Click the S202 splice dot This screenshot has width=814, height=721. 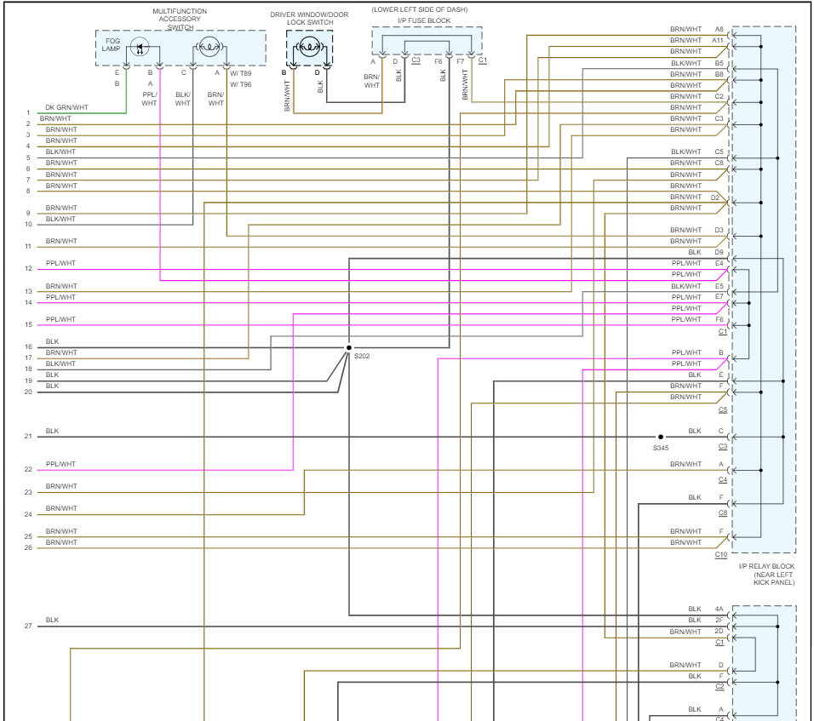pos(348,347)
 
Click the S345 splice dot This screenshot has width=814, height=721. pos(660,437)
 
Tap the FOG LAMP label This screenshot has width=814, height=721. pos(112,45)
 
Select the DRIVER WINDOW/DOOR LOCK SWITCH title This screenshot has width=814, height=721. pos(309,19)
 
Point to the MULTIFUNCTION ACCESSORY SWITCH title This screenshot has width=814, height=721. pos(181,19)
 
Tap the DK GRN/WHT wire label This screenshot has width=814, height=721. pos(67,106)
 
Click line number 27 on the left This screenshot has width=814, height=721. pos(28,626)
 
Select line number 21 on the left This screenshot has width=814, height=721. pos(28,437)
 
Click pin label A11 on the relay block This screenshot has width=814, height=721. pos(718,40)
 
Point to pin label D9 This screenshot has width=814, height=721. pos(719,252)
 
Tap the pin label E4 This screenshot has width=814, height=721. pos(719,263)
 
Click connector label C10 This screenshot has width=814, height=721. pos(720,554)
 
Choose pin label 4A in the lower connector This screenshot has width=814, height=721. pos(719,609)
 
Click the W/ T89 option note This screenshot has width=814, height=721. pos(240,73)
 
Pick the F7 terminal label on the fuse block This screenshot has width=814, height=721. pos(460,61)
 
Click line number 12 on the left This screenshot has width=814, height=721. pos(28,269)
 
